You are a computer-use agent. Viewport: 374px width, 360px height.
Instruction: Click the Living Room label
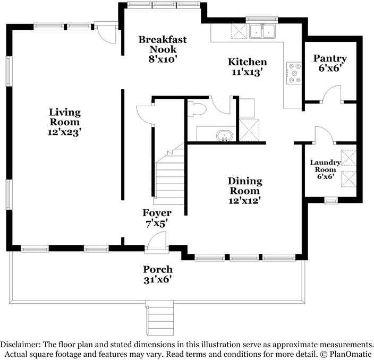coord(65,117)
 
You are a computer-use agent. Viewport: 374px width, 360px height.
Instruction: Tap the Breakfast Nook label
coord(163,45)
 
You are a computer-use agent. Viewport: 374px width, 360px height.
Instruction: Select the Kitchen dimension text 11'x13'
coord(248,72)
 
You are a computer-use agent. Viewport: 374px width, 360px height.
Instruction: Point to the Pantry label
coord(330,58)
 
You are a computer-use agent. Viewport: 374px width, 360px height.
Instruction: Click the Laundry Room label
coord(325,166)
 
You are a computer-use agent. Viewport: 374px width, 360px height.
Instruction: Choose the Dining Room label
coord(245,186)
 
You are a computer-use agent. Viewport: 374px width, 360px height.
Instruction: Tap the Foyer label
coord(157,213)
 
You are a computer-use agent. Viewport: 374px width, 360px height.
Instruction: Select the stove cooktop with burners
coord(294,73)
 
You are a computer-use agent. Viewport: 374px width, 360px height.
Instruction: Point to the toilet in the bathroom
coord(197,109)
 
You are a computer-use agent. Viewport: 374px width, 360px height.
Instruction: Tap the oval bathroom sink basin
coord(224,136)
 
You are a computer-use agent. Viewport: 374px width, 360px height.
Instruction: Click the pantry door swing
coord(333,94)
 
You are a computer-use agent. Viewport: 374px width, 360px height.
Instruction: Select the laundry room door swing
coord(325,135)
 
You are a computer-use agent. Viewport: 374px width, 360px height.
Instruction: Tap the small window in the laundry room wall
coord(331,200)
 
